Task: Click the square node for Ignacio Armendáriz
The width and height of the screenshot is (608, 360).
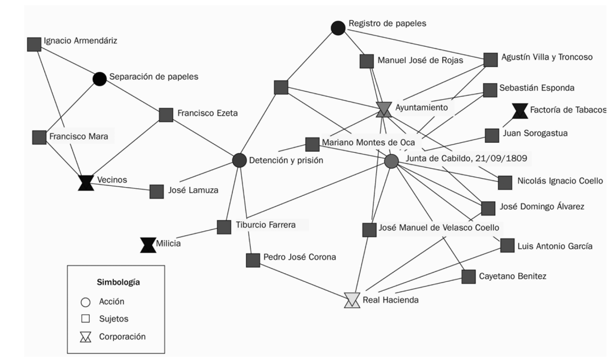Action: click(x=34, y=44)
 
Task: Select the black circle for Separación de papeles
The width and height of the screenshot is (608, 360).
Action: click(x=100, y=79)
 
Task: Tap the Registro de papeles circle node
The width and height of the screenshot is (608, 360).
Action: click(x=338, y=28)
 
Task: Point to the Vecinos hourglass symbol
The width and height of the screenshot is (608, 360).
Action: click(x=86, y=183)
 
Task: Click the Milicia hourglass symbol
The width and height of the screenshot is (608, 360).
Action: click(x=148, y=245)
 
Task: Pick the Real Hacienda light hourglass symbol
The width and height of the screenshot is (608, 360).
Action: click(x=352, y=300)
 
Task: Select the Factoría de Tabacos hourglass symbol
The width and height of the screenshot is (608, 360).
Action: click(x=520, y=111)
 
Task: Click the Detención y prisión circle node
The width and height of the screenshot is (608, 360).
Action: click(x=239, y=160)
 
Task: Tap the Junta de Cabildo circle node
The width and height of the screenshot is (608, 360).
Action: click(x=391, y=161)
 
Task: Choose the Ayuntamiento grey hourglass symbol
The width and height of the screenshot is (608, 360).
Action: click(x=384, y=109)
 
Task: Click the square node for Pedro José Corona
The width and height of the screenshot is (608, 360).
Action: click(x=253, y=260)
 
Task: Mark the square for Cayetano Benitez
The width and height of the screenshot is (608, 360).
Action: click(x=468, y=277)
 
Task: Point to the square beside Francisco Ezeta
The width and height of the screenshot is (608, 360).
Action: click(x=166, y=115)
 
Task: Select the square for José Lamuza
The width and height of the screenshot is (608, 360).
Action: click(x=157, y=192)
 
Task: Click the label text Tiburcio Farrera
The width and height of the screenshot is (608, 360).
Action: click(x=266, y=225)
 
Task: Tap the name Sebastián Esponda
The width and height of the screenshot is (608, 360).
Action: click(x=537, y=88)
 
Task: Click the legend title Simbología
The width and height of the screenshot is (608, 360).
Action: click(x=118, y=282)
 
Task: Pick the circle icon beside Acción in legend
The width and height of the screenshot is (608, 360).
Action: click(x=86, y=302)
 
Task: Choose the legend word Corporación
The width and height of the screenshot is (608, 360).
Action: click(x=122, y=337)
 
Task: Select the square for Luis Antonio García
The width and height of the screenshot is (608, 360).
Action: click(x=507, y=245)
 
